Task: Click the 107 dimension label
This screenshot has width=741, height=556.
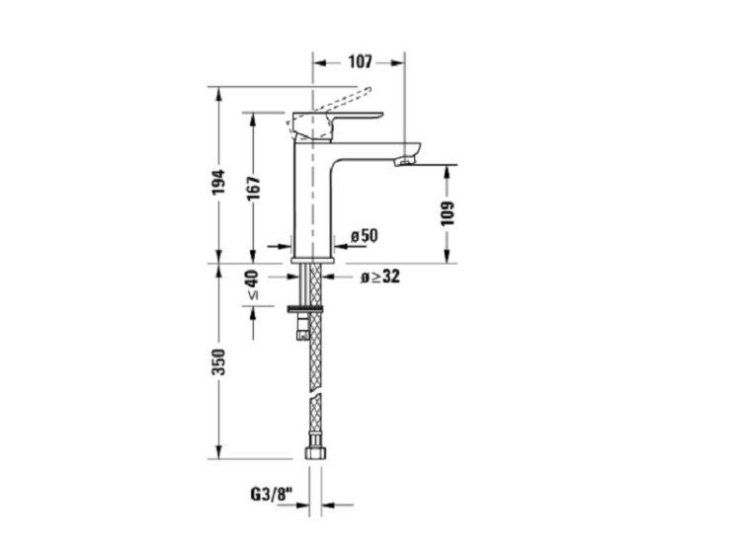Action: pos(360,61)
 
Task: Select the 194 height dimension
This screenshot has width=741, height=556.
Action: pos(218,182)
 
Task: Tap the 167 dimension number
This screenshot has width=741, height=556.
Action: pos(253,188)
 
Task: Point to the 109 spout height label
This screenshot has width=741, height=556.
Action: pos(447,213)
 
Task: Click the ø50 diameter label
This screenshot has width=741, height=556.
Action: pos(365,235)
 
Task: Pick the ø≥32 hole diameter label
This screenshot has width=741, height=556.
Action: pos(380,277)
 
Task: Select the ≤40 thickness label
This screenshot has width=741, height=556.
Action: pos(253,284)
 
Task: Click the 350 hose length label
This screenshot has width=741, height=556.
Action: pos(218,362)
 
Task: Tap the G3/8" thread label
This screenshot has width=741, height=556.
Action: pos(272,494)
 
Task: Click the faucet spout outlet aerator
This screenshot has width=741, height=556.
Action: pos(405,162)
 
